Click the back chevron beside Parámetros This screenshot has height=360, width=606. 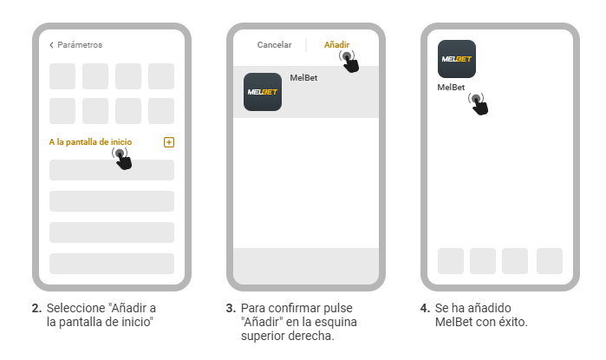[51, 45]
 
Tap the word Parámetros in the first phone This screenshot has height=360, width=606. [80, 45]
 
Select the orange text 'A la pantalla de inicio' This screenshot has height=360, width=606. [90, 142]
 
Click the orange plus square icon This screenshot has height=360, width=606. [169, 142]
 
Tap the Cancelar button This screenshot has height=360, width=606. [275, 45]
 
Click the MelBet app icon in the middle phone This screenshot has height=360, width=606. [263, 92]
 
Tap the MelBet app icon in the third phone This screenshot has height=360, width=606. [457, 59]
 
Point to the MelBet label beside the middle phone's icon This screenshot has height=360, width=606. [303, 78]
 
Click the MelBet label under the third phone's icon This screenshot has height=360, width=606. [451, 88]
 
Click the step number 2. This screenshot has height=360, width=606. [36, 308]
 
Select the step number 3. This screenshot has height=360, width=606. [231, 308]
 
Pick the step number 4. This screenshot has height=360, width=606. [425, 308]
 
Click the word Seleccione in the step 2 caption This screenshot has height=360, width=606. [76, 308]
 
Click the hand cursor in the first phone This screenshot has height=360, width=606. [123, 159]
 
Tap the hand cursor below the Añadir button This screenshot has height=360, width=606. [349, 62]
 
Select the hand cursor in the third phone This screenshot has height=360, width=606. [479, 104]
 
